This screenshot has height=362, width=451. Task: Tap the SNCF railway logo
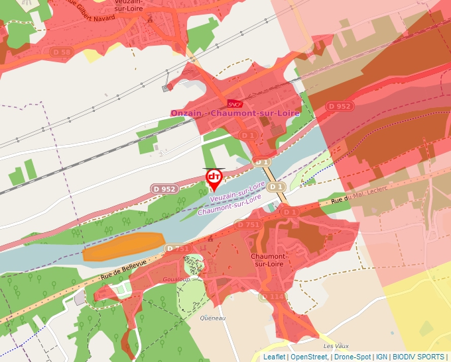click(x=235, y=103)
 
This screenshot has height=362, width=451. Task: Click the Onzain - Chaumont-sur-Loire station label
click(x=235, y=113)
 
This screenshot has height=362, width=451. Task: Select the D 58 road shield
click(x=62, y=52)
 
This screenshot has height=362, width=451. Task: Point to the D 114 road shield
click(x=273, y=297)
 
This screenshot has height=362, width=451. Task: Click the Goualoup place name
click(x=176, y=280)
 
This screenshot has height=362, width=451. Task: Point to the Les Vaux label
click(x=336, y=346)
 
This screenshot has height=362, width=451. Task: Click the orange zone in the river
click(x=123, y=245)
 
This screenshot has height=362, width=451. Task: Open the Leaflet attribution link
click(x=275, y=357)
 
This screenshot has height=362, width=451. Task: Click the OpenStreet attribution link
click(x=309, y=357)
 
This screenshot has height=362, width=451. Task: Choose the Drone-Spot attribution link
click(x=352, y=357)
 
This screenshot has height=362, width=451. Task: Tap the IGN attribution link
click(x=381, y=357)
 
